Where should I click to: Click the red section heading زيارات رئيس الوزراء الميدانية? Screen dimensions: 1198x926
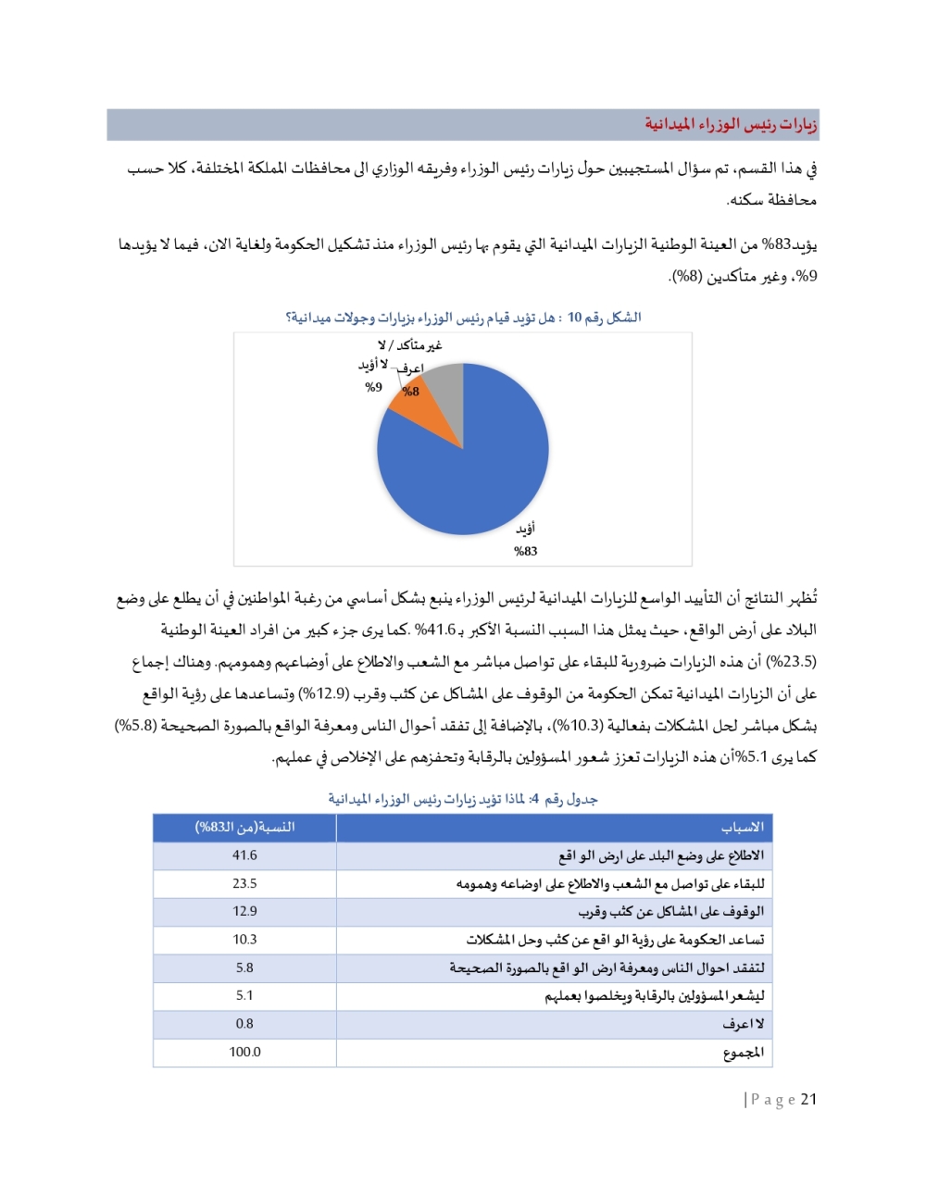(x=731, y=124)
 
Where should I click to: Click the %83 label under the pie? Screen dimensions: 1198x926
(x=525, y=552)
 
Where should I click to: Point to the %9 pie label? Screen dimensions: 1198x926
(x=373, y=388)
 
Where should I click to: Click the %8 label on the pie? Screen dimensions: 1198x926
(x=410, y=392)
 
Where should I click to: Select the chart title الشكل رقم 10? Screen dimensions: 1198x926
(x=463, y=318)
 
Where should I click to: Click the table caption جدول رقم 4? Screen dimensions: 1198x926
(x=463, y=799)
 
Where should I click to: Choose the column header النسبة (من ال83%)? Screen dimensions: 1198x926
(x=244, y=828)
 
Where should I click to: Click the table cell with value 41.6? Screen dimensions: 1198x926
(x=244, y=855)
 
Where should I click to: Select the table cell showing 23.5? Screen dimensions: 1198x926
(x=244, y=884)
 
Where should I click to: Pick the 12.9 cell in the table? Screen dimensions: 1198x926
(x=244, y=912)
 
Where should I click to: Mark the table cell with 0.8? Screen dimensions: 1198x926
(x=244, y=1024)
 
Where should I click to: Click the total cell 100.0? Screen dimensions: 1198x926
(x=244, y=1053)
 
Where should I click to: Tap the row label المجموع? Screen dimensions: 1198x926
(x=744, y=1053)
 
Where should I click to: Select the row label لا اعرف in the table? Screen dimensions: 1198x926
(x=744, y=1025)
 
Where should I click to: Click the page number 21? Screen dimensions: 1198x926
(x=808, y=1100)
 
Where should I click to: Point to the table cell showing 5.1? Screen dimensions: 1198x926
(x=244, y=996)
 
